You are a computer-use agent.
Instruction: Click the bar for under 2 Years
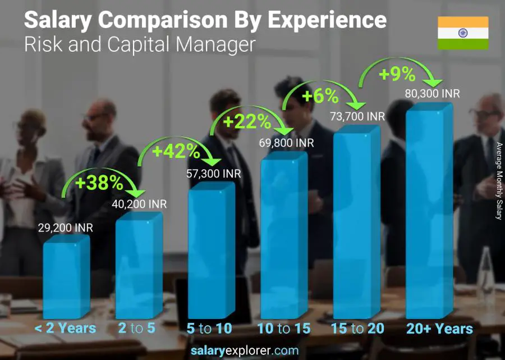66,278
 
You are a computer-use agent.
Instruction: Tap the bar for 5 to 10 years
210,253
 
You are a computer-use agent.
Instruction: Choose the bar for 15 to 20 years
356,225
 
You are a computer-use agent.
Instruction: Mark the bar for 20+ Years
428,213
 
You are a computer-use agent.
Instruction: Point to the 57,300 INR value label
214,174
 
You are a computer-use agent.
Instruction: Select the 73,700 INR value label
358,116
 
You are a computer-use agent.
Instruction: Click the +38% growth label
100,183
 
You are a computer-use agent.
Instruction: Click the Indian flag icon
463,33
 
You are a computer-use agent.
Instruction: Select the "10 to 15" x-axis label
283,329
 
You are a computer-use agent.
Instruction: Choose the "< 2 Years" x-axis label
66,329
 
